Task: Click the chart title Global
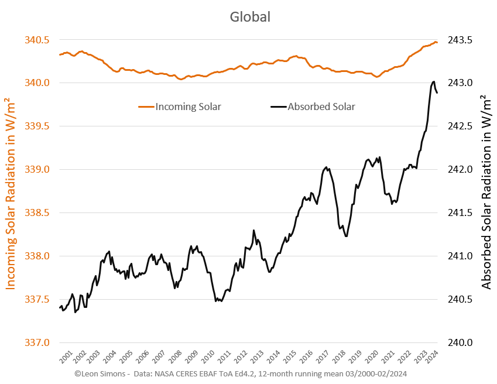249,16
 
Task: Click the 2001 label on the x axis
66,356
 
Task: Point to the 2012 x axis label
241,356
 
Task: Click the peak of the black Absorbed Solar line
434,81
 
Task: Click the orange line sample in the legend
146,107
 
